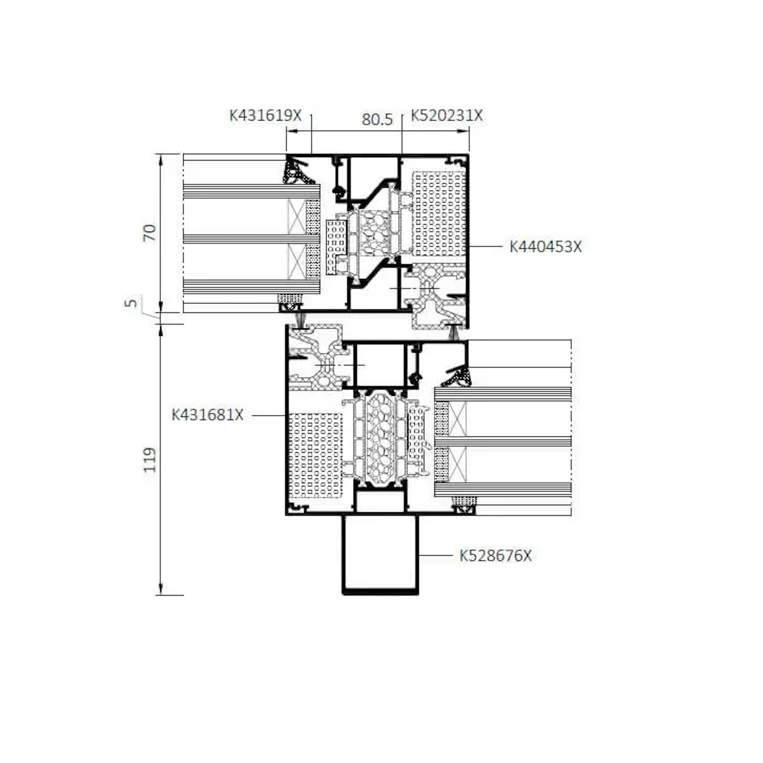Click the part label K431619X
[265, 115]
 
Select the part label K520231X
[447, 115]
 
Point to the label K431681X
[207, 415]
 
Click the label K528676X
[495, 556]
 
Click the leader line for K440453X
[485, 247]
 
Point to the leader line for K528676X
[435, 556]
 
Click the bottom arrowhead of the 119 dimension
[160, 588]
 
